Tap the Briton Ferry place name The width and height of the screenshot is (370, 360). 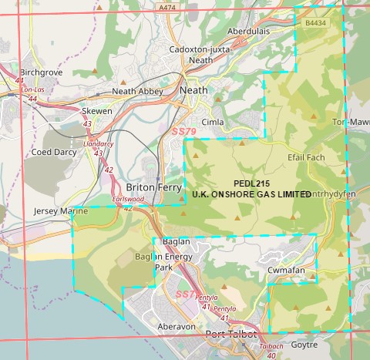[x=153, y=188]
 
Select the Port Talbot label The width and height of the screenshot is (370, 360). [x=237, y=335]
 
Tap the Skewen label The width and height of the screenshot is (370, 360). [x=97, y=111]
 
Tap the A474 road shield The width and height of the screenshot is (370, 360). [x=163, y=7]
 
